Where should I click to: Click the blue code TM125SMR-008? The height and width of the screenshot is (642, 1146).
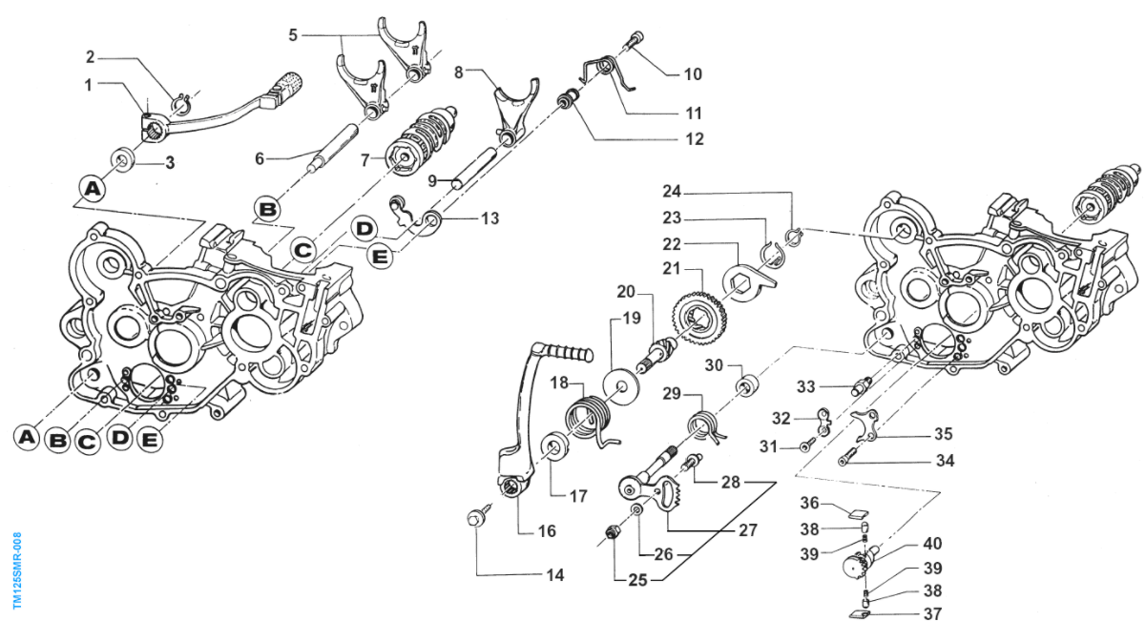[17, 570]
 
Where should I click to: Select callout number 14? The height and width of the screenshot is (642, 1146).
[553, 575]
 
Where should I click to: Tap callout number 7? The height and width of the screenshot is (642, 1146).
[365, 159]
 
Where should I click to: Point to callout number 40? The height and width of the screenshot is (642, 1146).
[932, 544]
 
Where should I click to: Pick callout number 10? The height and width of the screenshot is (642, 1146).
[692, 72]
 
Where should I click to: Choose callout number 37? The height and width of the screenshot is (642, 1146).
[932, 613]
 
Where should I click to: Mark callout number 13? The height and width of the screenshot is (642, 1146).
[490, 218]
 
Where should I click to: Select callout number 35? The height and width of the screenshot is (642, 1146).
[943, 433]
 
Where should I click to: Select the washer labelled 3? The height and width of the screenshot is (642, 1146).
[123, 158]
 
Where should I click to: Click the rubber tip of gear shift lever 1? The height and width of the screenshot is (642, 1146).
[290, 80]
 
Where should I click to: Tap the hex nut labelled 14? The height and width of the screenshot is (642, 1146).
[474, 518]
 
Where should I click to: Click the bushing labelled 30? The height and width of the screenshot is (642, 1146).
[746, 386]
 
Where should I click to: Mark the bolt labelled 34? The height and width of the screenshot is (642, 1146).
[852, 461]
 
